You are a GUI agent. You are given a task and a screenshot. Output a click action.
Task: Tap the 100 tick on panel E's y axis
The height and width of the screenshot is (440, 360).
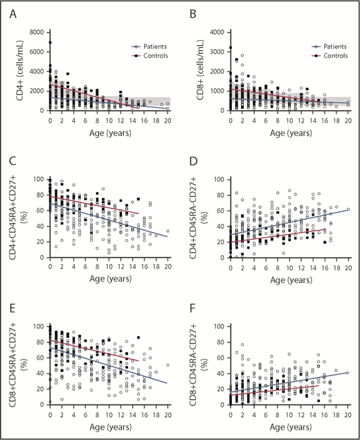39,326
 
